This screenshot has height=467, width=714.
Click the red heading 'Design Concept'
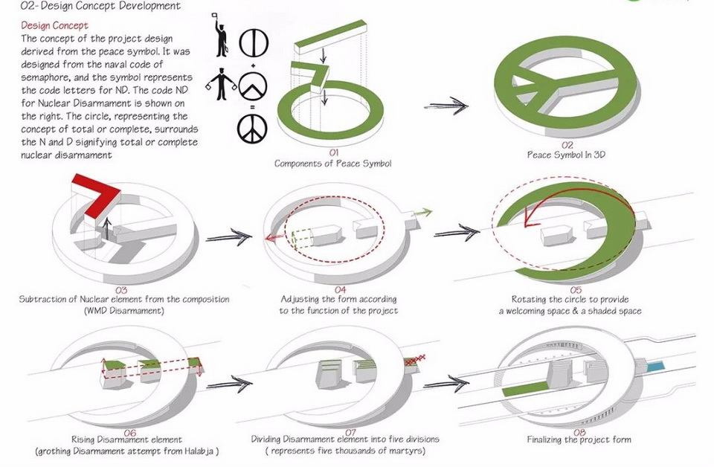pos(55,25)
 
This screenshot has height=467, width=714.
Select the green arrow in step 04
pos(422,214)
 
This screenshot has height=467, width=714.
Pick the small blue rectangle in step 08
pos(657,367)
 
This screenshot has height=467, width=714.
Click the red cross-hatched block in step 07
pos(413,361)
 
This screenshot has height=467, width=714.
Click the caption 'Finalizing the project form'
pos(579,439)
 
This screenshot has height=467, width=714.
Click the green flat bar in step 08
pos(525,389)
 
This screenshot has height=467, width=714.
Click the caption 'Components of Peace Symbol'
pos(332,163)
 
